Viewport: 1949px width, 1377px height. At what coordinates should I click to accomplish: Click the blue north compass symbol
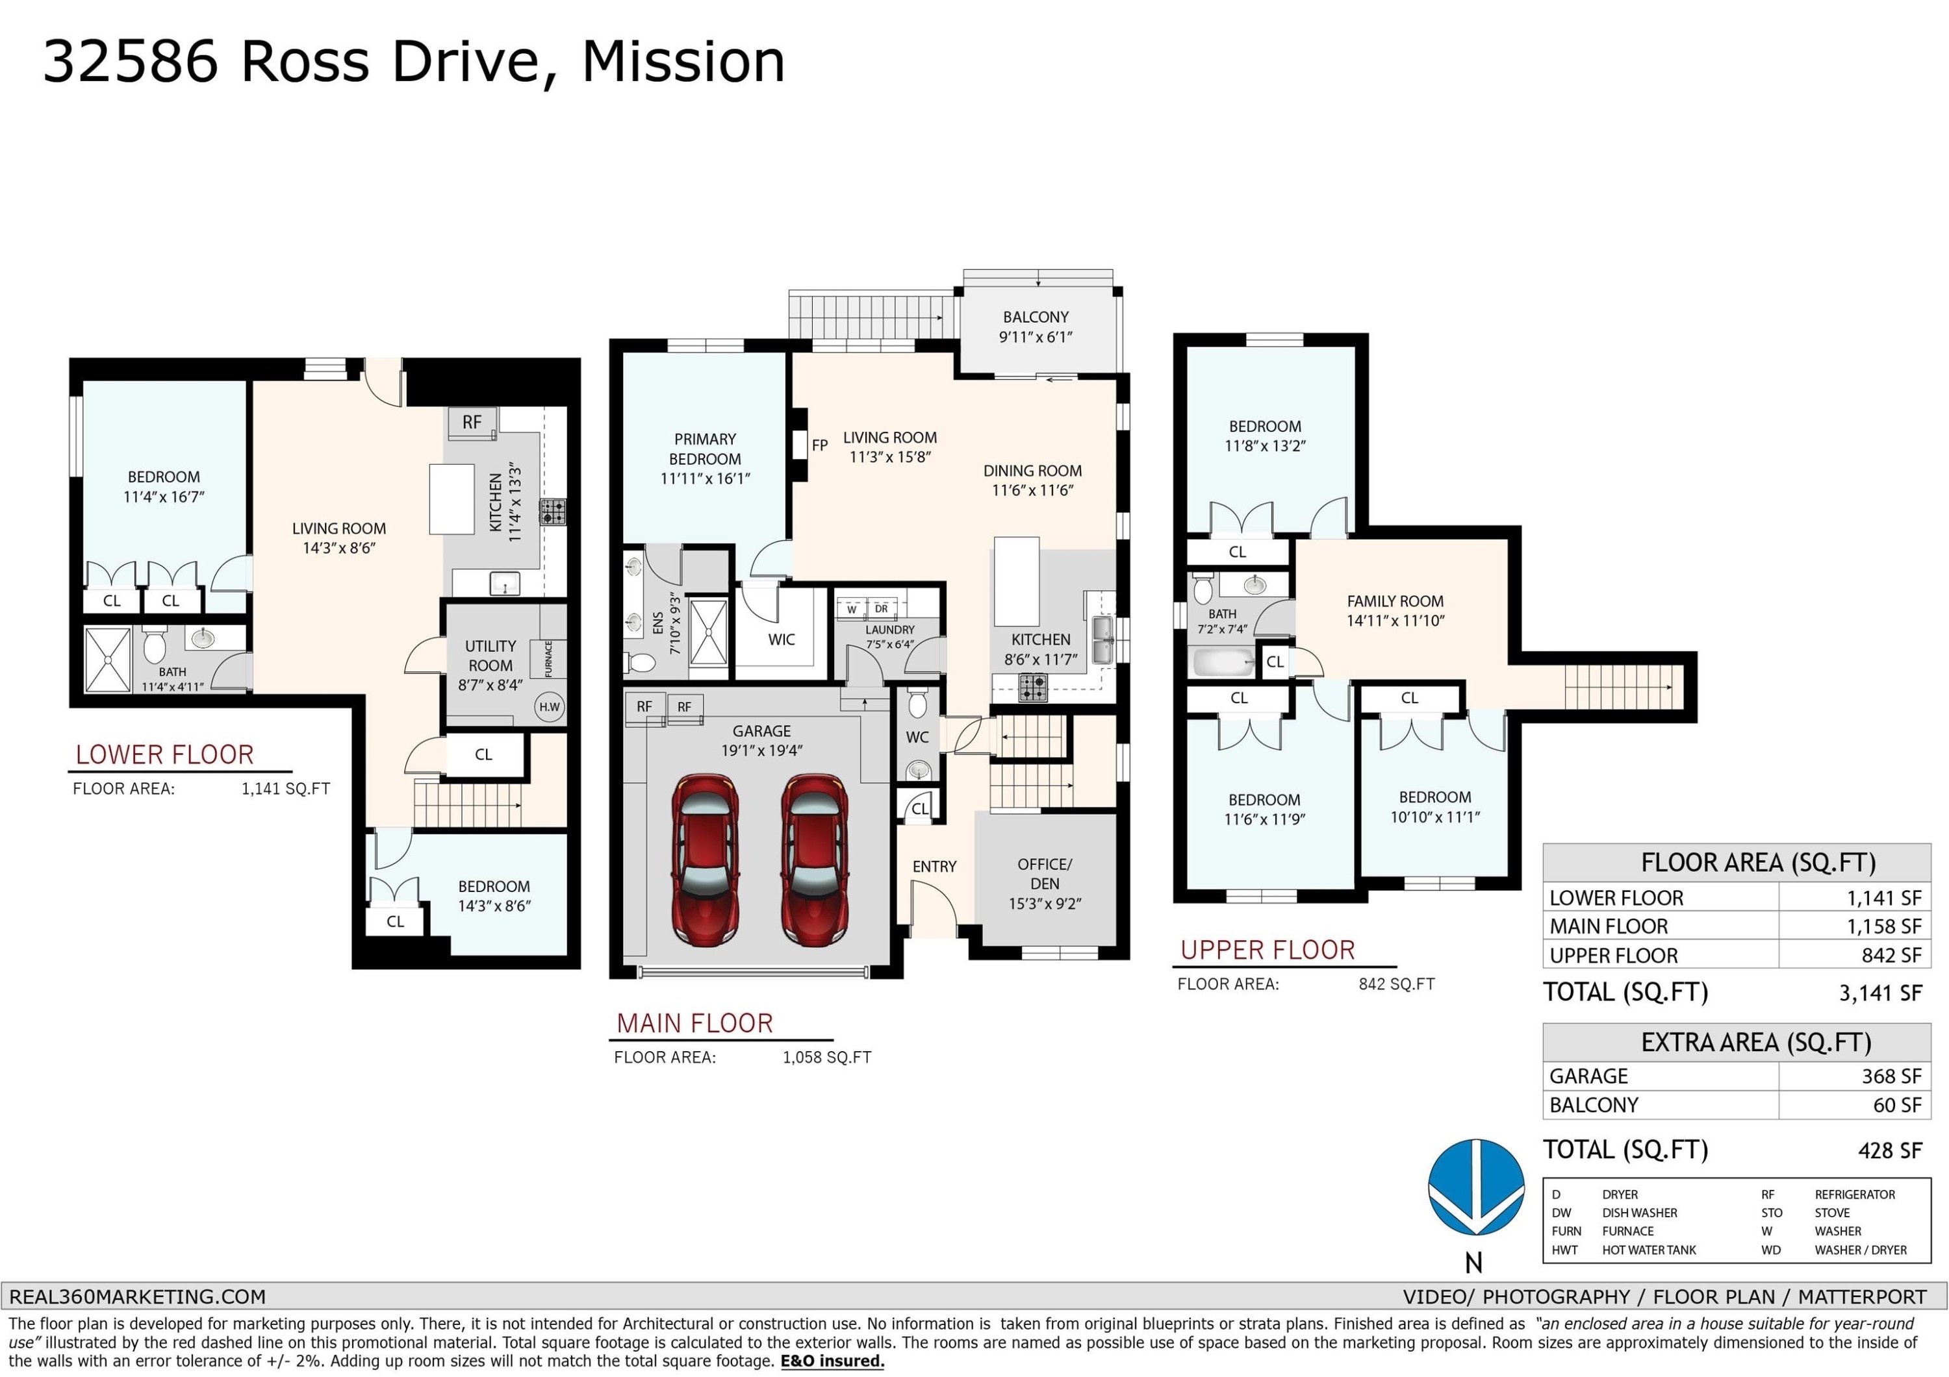coord(1476,1187)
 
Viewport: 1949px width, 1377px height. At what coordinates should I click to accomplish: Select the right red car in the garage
coord(814,859)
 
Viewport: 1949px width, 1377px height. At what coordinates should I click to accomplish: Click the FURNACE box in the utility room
coord(548,659)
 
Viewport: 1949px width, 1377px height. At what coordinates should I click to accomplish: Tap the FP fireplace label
coord(819,445)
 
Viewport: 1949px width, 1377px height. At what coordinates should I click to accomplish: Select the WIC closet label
coord(781,639)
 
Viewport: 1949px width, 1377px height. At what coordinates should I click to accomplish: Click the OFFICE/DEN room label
coord(1045,874)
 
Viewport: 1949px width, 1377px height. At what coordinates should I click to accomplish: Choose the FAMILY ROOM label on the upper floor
coord(1395,601)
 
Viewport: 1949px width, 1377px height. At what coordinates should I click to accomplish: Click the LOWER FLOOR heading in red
coord(164,754)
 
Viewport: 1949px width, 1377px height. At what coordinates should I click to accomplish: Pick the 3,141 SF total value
coord(1880,993)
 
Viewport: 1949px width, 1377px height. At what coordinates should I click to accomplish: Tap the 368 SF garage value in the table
coord(1891,1076)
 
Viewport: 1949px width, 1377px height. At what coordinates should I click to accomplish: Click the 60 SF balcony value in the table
coord(1897,1105)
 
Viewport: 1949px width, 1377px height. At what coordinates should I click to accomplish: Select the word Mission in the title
coord(683,61)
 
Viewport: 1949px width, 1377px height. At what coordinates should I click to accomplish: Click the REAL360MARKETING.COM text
coord(138,1296)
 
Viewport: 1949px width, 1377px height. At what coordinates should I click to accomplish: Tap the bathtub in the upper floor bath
coord(1224,662)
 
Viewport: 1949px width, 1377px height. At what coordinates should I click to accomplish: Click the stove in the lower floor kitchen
coord(554,512)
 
